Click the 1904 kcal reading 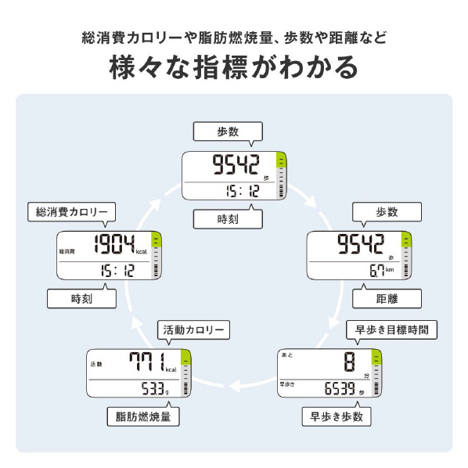[121, 245]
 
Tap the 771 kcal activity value [153, 362]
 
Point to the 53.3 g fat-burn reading [155, 389]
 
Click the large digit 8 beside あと [349, 362]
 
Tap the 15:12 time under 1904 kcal [117, 271]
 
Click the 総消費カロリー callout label [72, 212]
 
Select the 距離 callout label [387, 298]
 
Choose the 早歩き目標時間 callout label [391, 329]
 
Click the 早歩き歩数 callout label [337, 416]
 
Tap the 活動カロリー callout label [193, 329]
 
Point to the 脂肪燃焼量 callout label [143, 416]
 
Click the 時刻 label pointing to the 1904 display [81, 298]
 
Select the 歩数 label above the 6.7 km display [387, 212]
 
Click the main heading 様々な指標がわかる [234, 67]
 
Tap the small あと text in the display [287, 355]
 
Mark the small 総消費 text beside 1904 [67, 251]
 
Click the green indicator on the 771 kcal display [185, 357]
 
